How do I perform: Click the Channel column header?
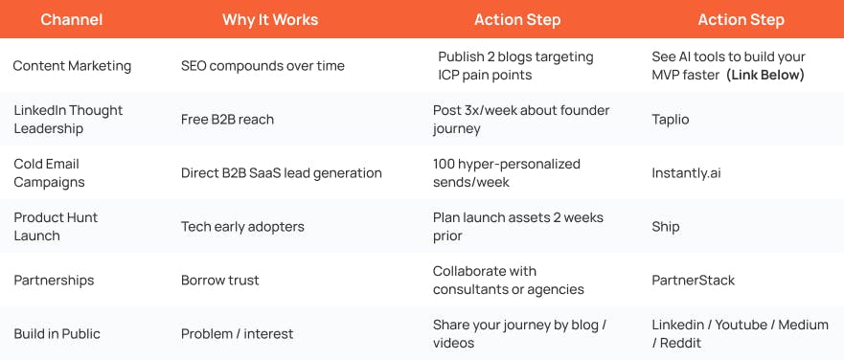tap(72, 19)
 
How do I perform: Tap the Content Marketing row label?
tap(71, 66)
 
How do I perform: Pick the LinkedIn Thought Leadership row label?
tap(68, 120)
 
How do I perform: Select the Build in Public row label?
tap(57, 334)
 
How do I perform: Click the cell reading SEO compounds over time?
tap(262, 66)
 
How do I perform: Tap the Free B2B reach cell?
tap(227, 120)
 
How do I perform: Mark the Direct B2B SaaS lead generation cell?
tap(282, 173)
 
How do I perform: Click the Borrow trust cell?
tap(220, 281)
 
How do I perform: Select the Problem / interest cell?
tap(237, 334)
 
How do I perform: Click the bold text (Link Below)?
tap(765, 75)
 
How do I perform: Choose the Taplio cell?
tap(671, 120)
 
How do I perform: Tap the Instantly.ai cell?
tap(685, 173)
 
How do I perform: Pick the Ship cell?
tap(666, 227)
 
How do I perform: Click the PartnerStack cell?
tap(694, 281)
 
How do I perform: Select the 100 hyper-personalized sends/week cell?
tap(507, 172)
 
